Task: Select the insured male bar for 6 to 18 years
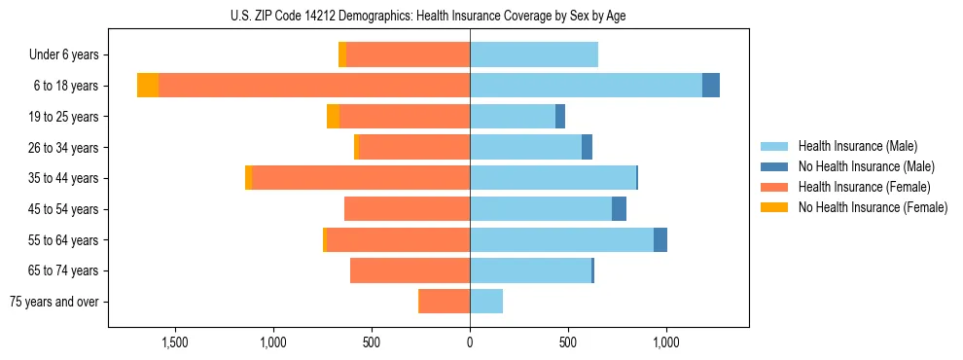point(586,86)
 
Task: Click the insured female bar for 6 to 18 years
point(314,86)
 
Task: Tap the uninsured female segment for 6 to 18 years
point(148,86)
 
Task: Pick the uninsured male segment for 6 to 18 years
point(711,86)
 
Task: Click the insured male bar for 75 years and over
point(486,302)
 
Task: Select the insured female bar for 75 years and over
point(445,302)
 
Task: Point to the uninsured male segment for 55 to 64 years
point(660,240)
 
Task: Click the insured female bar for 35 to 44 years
point(361,178)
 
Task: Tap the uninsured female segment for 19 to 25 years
point(333,117)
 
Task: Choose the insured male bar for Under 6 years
point(534,54)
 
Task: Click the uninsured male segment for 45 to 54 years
point(619,209)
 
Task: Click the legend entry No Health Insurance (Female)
point(873,207)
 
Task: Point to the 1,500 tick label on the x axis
point(175,342)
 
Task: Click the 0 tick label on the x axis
point(470,342)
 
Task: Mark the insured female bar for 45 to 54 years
point(408,209)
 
